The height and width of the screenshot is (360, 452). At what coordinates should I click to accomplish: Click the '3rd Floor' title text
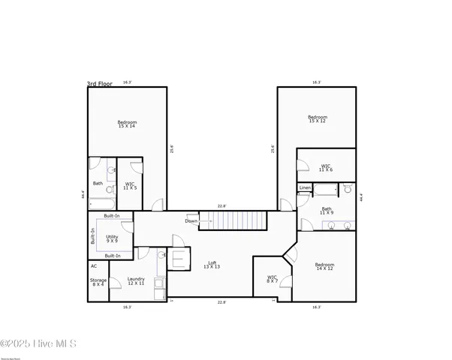(x=100, y=85)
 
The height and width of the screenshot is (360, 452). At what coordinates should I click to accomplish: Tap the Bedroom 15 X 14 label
(x=127, y=124)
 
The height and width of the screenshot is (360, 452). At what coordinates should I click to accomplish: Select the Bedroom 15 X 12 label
(x=318, y=119)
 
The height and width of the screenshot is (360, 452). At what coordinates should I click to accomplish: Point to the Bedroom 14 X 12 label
(x=324, y=267)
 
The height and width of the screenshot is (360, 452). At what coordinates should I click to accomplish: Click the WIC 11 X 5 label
(x=130, y=185)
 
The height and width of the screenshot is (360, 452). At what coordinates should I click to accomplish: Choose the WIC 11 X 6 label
(x=326, y=169)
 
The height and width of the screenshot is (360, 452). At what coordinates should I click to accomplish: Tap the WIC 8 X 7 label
(x=272, y=279)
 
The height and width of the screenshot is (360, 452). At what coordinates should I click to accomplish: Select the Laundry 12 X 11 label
(x=136, y=280)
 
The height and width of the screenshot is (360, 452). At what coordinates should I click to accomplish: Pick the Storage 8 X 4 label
(x=98, y=282)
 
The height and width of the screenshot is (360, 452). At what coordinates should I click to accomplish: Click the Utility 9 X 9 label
(x=111, y=238)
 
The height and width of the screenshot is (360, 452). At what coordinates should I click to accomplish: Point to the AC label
(x=94, y=265)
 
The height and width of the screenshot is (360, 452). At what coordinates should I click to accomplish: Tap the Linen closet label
(x=305, y=187)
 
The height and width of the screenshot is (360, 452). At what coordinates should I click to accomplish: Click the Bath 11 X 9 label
(x=327, y=211)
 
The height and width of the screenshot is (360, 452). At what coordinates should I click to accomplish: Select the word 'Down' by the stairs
(x=191, y=221)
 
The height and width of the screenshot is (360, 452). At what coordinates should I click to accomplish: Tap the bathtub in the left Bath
(x=100, y=202)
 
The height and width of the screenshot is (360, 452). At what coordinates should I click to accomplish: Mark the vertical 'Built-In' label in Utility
(x=93, y=236)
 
